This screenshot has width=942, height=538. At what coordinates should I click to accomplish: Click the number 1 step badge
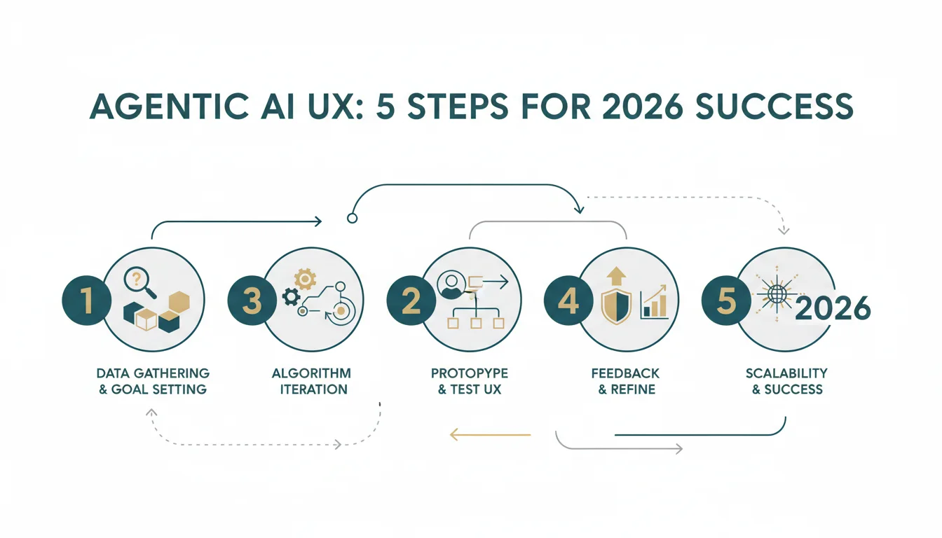pos(87,300)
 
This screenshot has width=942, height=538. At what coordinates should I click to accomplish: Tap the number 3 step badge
pos(252,300)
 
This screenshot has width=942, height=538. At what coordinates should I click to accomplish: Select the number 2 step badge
pos(411,300)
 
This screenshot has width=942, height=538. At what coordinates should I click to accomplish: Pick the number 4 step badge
pos(568,300)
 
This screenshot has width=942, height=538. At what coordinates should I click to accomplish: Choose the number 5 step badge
pos(726,300)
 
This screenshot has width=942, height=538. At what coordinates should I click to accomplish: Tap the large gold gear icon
pos(306,279)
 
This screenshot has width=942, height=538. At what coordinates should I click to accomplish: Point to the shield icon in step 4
pos(617,308)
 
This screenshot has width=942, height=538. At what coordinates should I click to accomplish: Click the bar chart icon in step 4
pos(654,302)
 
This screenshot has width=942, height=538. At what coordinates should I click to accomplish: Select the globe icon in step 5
pos(777,294)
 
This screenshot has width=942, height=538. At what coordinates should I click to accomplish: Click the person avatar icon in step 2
pos(451,285)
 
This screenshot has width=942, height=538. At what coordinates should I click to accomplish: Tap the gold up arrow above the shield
pos(617,276)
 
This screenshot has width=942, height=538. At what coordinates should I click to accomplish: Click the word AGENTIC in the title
pos(169,106)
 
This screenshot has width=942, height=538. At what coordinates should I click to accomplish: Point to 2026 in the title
pos(642,106)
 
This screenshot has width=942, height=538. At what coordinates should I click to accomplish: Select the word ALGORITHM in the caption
pos(311,373)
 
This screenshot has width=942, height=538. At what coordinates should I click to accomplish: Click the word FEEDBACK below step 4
pos(625,373)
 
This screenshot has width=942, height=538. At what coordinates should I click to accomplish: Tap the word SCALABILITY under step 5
pos(786,373)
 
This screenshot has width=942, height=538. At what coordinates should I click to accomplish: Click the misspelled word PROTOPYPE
pos(470,373)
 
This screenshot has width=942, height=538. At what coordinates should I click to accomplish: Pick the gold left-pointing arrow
pos(491,434)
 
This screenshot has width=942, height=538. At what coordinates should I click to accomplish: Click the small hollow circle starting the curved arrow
pos(353,218)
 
